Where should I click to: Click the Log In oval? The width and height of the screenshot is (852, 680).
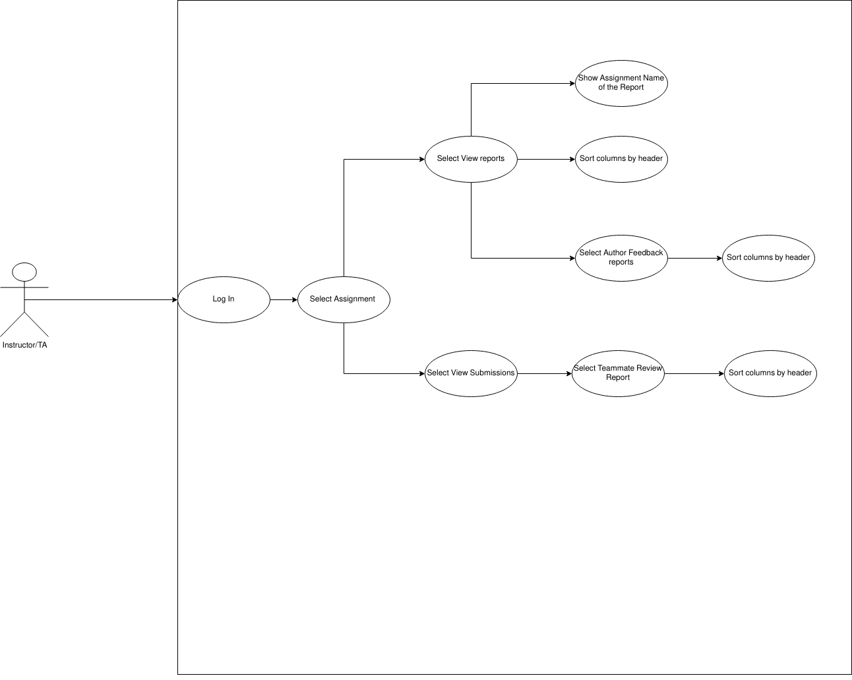[224, 299]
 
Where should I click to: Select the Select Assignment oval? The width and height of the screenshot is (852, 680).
[343, 299]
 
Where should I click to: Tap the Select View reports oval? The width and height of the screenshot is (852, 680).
[471, 159]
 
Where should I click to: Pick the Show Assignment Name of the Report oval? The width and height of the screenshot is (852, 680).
[621, 83]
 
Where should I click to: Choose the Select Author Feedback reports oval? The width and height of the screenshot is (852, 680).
[621, 258]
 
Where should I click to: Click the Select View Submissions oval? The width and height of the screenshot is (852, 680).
[471, 373]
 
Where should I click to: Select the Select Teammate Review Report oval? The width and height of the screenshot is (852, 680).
[618, 373]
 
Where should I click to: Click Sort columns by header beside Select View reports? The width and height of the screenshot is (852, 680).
[621, 159]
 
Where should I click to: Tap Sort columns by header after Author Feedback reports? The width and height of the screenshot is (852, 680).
[768, 258]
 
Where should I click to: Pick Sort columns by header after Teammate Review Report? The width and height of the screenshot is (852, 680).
[770, 373]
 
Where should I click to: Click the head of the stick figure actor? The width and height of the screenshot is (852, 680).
[24, 272]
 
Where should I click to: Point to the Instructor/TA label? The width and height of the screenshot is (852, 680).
[24, 345]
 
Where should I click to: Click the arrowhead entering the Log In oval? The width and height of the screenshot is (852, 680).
[174, 300]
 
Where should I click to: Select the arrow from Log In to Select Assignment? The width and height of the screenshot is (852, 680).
[284, 300]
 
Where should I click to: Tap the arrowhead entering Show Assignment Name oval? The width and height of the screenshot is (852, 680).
[572, 84]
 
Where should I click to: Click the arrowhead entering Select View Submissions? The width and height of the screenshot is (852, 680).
[421, 374]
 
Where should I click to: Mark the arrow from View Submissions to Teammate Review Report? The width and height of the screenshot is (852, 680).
[544, 374]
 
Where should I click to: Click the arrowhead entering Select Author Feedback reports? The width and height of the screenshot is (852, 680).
[572, 259]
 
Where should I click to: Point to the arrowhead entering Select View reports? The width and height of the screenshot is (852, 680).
[421, 160]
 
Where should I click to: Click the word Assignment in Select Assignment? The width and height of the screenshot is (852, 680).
[355, 299]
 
